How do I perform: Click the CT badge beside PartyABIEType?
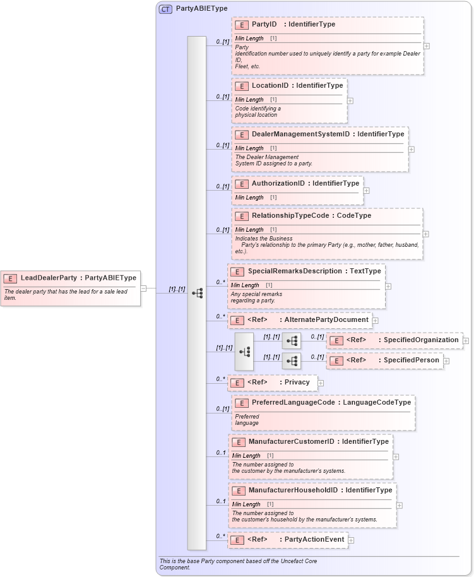166,9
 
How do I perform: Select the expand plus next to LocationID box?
350,100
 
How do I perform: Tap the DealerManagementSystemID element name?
300,134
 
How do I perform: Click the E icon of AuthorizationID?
241,184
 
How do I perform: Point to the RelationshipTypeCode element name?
293,216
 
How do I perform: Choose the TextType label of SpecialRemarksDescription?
365,271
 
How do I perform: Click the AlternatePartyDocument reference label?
326,320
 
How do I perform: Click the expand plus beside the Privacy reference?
321,383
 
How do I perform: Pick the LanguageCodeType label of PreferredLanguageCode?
377,403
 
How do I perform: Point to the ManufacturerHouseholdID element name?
294,491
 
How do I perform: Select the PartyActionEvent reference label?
314,540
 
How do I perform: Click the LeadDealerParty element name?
49,278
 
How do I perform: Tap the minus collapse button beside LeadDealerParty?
144,288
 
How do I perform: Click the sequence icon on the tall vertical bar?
197,293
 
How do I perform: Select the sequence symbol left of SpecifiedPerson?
292,361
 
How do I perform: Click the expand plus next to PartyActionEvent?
351,540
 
